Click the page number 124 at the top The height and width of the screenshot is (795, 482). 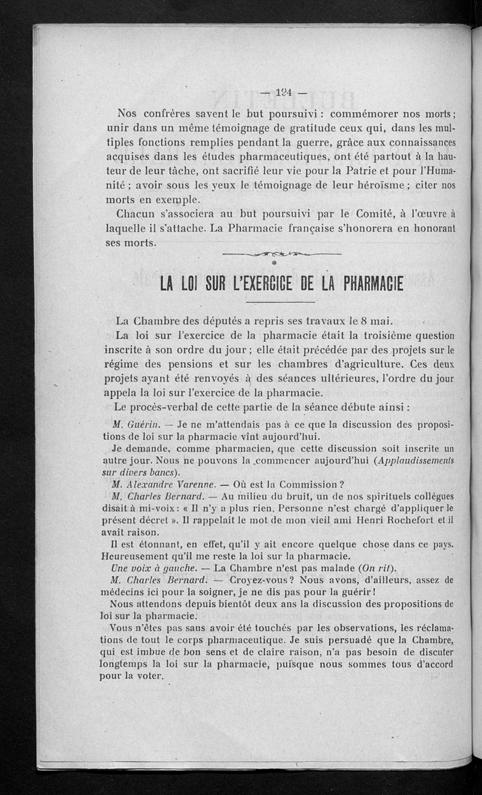(282, 93)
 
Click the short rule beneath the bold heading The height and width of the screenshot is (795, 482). (281, 302)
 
